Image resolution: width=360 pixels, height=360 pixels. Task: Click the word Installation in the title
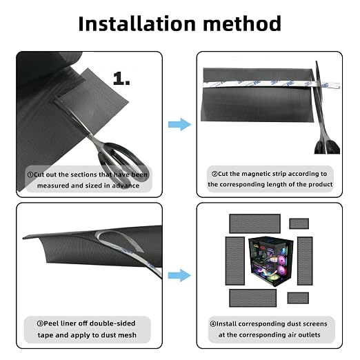point(137,23)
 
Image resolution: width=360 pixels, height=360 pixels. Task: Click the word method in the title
point(242,23)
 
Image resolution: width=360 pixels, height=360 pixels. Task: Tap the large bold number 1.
point(121,79)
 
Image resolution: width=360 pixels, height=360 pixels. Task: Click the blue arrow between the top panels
point(179,124)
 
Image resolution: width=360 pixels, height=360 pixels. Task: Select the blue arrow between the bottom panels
point(179,275)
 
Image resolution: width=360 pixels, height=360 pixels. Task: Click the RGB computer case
point(271,261)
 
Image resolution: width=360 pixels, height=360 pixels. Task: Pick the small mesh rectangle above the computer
point(299,223)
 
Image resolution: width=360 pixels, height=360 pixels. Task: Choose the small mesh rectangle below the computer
point(298,298)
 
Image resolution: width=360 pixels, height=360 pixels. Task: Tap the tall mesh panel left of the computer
point(235,261)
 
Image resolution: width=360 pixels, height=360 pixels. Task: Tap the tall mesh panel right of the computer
point(305,261)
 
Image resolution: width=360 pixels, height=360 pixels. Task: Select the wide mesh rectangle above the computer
point(254,223)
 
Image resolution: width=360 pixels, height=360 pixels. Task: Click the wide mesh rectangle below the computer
point(253,298)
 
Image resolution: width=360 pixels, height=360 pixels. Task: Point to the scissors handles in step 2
point(327,146)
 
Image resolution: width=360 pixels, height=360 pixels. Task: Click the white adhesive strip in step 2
point(271,84)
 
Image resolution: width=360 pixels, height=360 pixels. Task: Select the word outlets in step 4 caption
point(308,334)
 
